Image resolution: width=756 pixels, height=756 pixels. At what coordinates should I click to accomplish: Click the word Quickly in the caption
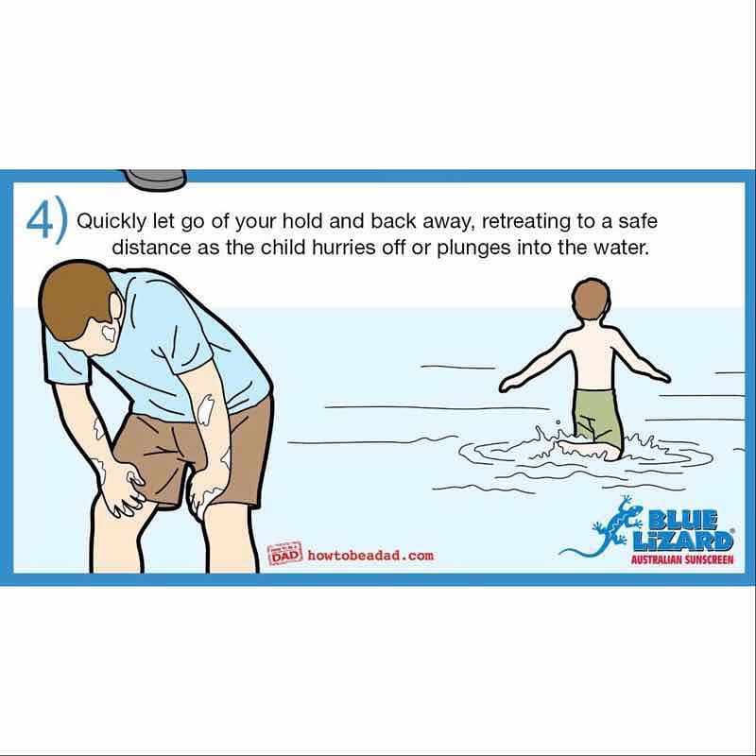coord(111,222)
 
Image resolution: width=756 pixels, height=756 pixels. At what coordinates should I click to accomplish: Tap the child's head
coord(592,299)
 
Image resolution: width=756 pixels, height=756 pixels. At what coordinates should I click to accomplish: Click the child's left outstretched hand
coord(509,384)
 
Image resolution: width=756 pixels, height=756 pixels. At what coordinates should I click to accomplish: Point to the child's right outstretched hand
coord(661,375)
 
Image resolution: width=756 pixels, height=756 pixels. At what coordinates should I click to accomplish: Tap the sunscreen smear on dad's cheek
coord(110,333)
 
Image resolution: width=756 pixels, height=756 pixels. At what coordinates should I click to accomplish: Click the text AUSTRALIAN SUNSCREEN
coord(682,559)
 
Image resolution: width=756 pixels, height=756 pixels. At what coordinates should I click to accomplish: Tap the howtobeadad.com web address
coord(370,556)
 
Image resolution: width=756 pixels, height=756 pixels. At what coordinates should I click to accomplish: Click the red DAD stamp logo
coord(285,553)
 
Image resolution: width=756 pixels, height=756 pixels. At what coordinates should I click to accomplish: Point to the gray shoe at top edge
coord(155,179)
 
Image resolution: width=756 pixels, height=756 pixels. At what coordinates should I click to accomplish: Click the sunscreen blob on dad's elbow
coord(205,407)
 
